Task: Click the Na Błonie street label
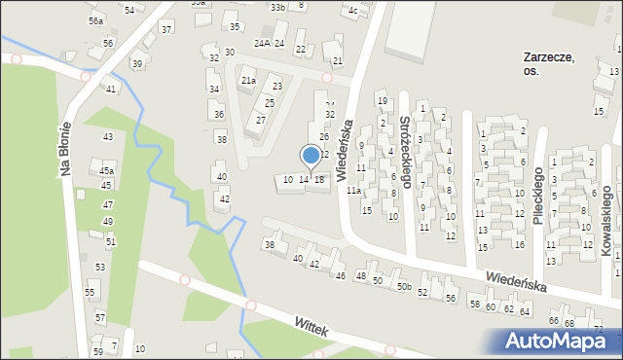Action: [67, 149]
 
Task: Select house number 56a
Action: [95, 20]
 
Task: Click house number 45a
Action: [106, 170]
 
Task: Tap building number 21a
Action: [248, 80]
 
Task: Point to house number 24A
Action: [261, 44]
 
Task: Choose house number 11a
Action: [353, 192]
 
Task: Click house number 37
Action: [166, 29]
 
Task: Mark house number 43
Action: [108, 137]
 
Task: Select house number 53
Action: [99, 267]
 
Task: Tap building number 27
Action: [260, 120]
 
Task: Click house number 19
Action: [382, 100]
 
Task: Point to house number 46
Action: [340, 276]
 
